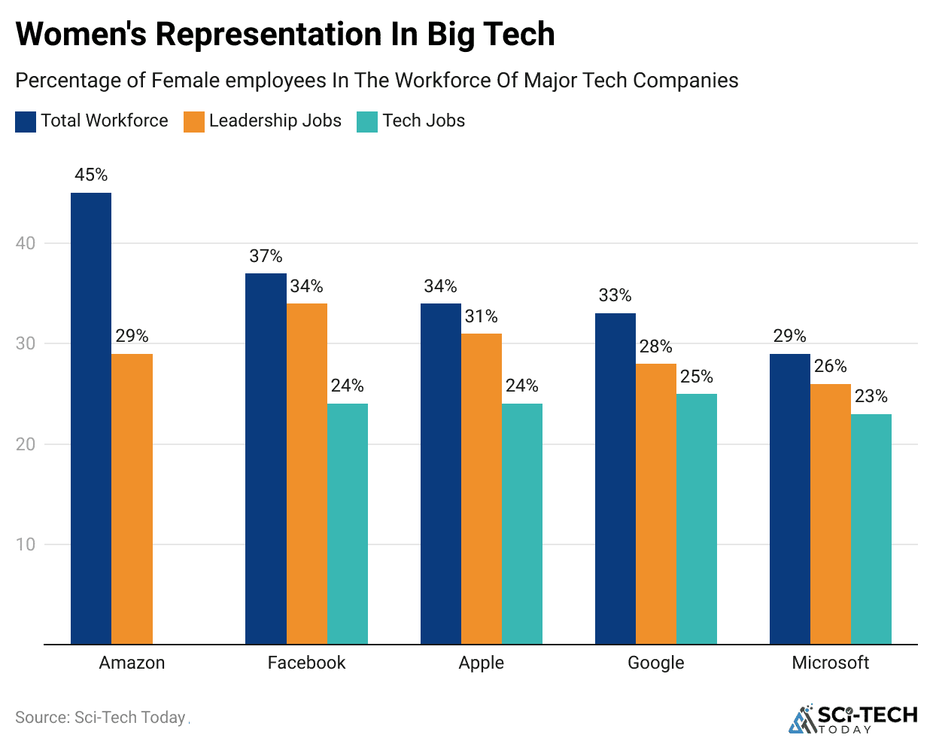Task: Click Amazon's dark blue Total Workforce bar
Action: [91, 418]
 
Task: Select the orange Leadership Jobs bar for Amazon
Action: [132, 499]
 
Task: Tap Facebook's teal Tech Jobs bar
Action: [348, 523]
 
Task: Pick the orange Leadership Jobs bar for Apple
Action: [482, 489]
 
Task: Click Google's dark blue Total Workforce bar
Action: [615, 478]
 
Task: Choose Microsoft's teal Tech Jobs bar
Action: [871, 529]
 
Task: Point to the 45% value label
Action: [91, 175]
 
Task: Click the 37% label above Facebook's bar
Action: [266, 256]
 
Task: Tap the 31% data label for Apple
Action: [482, 316]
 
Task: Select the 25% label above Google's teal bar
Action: [697, 377]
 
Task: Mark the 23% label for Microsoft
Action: [871, 396]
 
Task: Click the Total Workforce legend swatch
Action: [26, 121]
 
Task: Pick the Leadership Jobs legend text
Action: [275, 120]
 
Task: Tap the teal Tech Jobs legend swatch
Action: [367, 121]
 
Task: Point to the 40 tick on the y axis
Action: [26, 243]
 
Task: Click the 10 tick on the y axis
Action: [26, 544]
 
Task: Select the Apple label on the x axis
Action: [482, 663]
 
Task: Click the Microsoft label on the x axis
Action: [830, 663]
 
